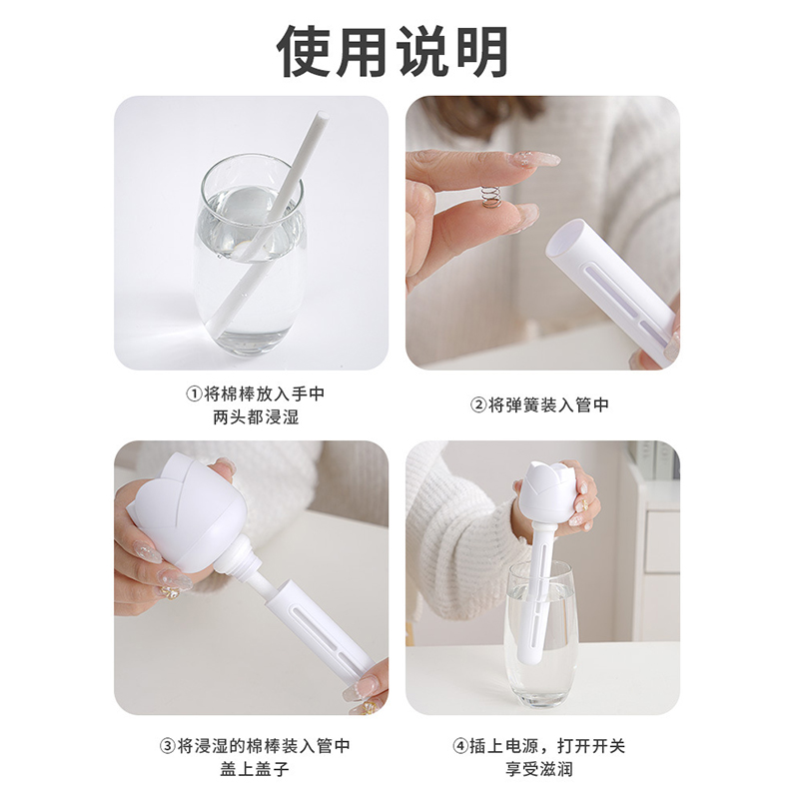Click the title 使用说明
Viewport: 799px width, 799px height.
tap(393, 52)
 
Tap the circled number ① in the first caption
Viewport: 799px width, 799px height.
tap(194, 394)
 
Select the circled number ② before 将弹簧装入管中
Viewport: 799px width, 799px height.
tap(478, 405)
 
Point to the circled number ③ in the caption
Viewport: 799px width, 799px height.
tap(168, 746)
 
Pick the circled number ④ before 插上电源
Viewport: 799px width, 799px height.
tap(460, 746)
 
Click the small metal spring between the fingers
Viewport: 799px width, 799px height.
tap(491, 198)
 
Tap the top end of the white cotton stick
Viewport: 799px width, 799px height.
tap(322, 117)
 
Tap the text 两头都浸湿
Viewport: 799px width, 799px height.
tap(256, 417)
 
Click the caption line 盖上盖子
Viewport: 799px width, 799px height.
tap(255, 769)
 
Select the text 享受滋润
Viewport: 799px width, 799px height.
tap(539, 769)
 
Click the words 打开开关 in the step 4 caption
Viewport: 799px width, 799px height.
tap(591, 746)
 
